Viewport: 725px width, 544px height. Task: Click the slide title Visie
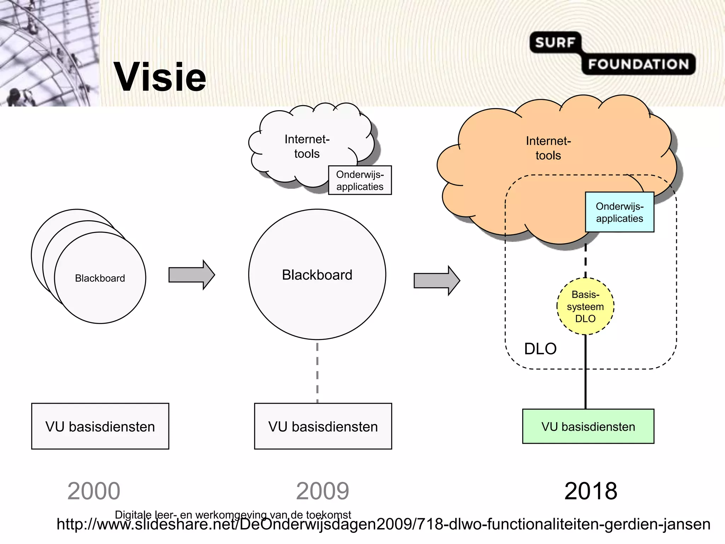coord(160,77)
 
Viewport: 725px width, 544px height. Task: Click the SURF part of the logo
coord(554,42)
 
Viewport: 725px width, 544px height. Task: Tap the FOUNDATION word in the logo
coord(638,64)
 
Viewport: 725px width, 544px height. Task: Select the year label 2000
coord(94,491)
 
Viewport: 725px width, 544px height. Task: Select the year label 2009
coord(322,491)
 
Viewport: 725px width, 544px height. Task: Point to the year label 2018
coord(590,491)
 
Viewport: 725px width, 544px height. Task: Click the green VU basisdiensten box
coord(588,426)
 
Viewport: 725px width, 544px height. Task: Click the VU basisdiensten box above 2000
coord(100,426)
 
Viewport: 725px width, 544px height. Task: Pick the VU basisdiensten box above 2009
coord(323,426)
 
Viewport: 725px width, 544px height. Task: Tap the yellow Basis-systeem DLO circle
coord(585,306)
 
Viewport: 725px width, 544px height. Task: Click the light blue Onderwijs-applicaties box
coord(620,212)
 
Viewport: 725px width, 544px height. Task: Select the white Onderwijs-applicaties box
coord(360,180)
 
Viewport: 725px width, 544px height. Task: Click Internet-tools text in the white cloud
coord(307,146)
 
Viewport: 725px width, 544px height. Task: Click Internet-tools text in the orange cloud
coord(548,148)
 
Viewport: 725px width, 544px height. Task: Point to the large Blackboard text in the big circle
coord(317,275)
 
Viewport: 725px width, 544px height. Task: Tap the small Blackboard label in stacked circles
coord(100,278)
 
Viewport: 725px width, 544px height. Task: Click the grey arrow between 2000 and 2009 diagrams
coord(191,275)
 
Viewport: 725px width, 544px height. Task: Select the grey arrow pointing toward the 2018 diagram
coord(436,280)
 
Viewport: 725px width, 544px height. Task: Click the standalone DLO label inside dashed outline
coord(540,349)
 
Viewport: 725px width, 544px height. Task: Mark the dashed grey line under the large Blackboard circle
coord(317,372)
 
